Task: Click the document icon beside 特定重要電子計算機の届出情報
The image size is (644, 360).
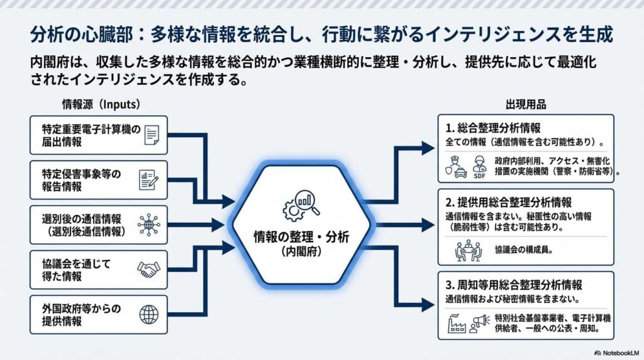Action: [151, 135]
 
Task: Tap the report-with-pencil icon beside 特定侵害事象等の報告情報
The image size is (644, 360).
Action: [148, 180]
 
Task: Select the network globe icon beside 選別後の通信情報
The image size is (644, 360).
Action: [148, 225]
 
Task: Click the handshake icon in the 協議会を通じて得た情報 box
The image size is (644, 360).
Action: [148, 269]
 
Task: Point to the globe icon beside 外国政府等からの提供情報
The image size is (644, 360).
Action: [148, 314]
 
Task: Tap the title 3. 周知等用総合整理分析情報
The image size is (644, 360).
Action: [513, 284]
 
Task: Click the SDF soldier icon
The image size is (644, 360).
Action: [479, 166]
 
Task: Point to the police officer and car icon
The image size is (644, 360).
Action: [457, 166]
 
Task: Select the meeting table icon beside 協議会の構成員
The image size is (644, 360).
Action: [468, 251]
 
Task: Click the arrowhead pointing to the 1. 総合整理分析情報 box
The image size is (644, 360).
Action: [428, 149]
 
